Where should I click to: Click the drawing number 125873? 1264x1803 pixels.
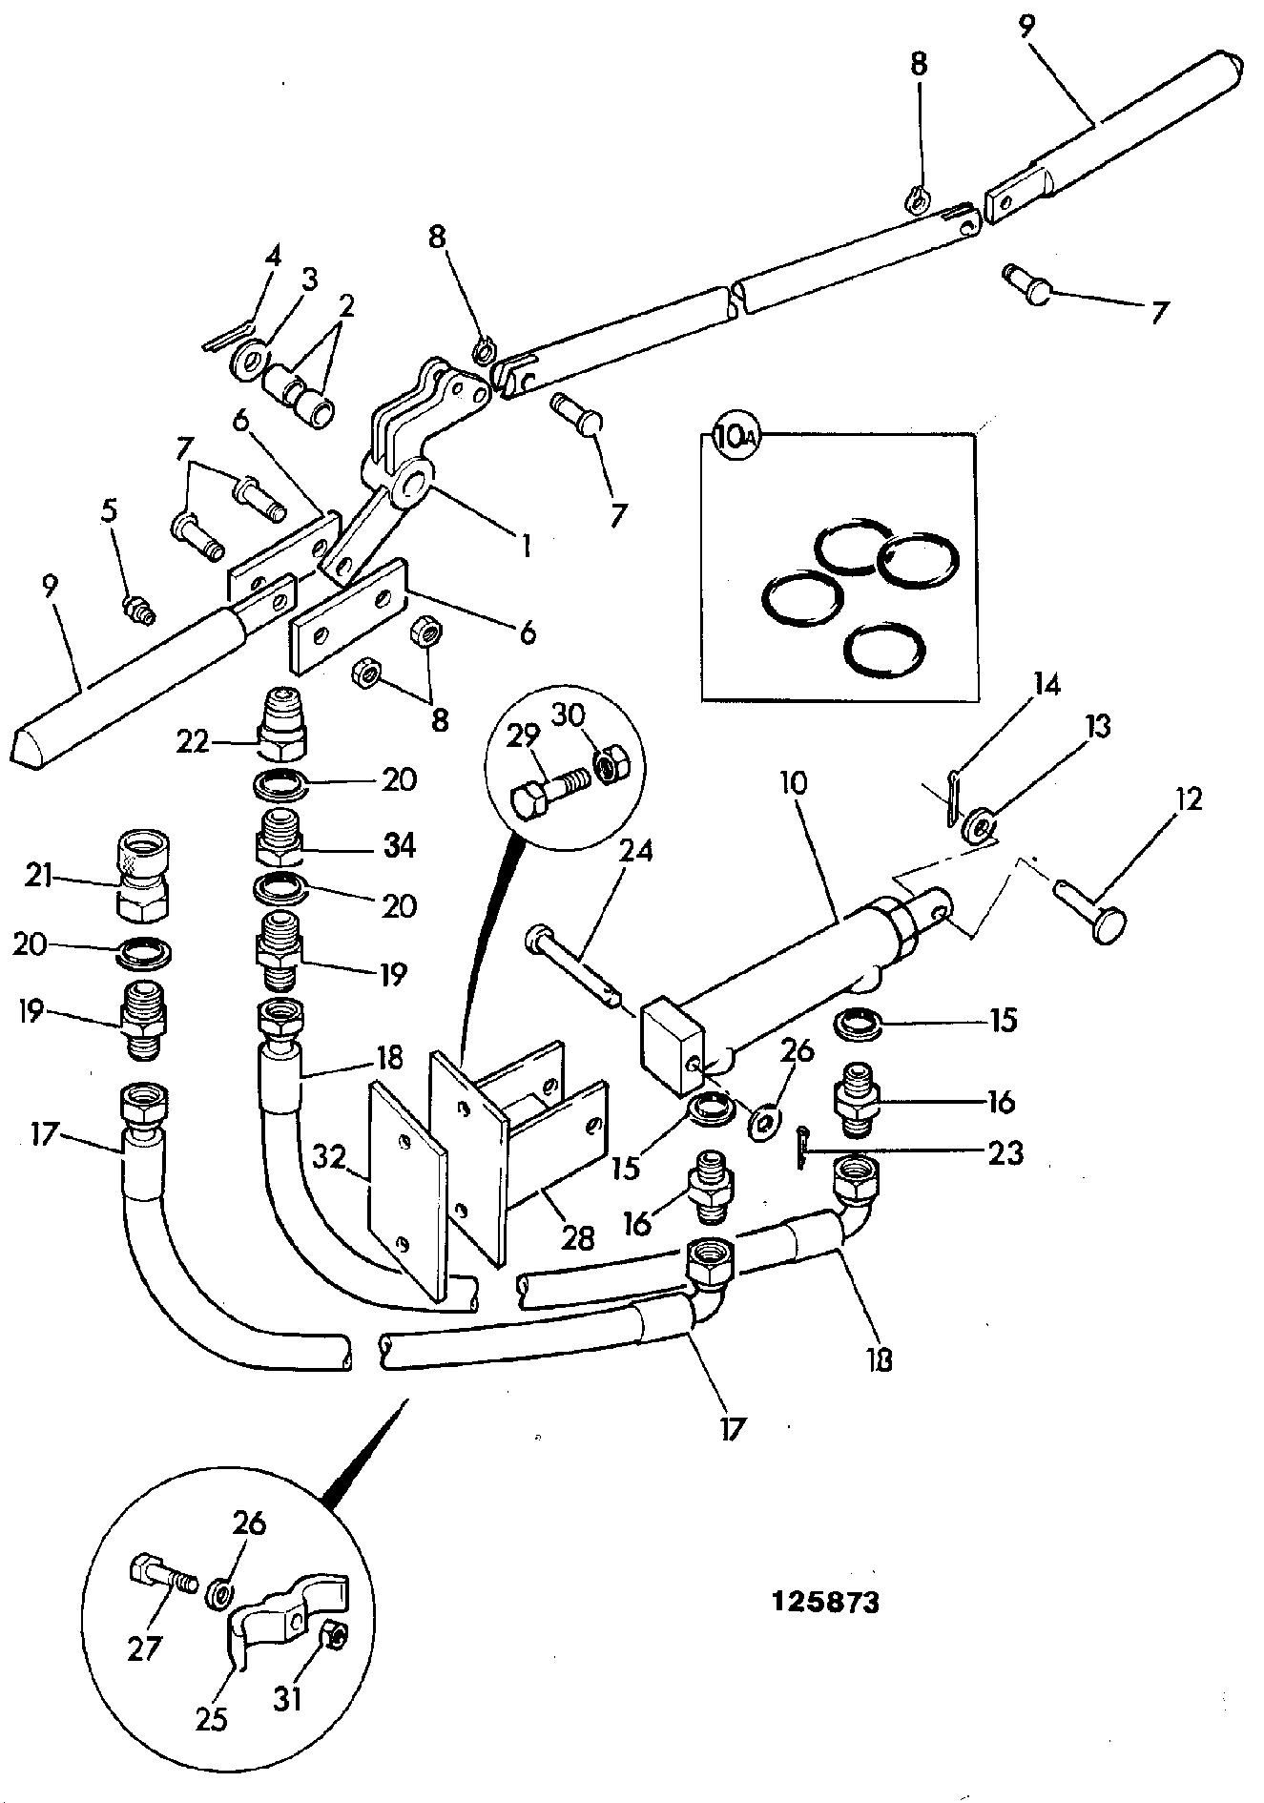[825, 1601]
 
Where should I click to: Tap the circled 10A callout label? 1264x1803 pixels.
[733, 439]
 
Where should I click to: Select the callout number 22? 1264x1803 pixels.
[193, 741]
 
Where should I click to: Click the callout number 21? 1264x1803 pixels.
[38, 875]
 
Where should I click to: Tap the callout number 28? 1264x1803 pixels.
[576, 1238]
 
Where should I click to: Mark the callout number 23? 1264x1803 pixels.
[1006, 1153]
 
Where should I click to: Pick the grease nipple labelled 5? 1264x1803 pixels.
[139, 608]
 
